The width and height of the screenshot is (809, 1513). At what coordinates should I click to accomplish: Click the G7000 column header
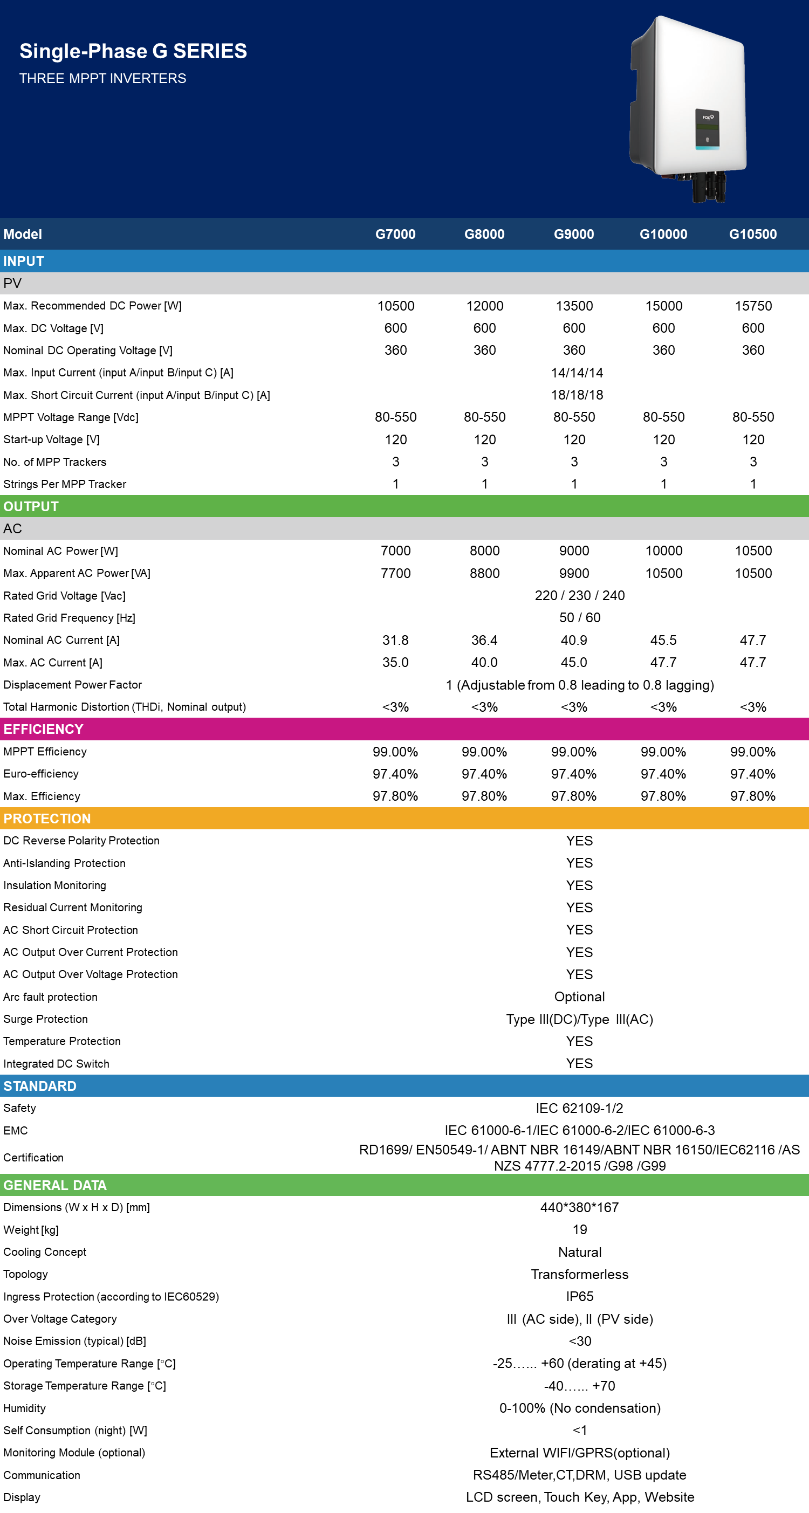pyautogui.click(x=395, y=235)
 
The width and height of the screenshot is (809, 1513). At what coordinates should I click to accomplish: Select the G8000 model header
pyautogui.click(x=484, y=235)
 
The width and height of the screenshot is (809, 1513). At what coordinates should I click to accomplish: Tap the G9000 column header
pyautogui.click(x=573, y=235)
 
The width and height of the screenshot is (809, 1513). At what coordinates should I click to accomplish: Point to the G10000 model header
pyautogui.click(x=663, y=235)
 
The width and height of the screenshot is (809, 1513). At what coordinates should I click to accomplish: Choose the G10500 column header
pyautogui.click(x=752, y=235)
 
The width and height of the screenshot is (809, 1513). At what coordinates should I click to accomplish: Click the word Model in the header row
pyautogui.click(x=22, y=235)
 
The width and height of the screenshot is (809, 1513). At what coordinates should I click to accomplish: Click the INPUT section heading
pyautogui.click(x=24, y=262)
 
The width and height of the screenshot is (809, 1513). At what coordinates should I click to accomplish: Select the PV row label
pyautogui.click(x=12, y=283)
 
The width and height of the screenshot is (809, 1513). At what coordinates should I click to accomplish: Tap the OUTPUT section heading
pyautogui.click(x=31, y=506)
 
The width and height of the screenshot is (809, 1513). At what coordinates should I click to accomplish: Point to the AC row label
pyautogui.click(x=12, y=528)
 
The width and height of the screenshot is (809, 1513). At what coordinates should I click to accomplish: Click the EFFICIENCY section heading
pyautogui.click(x=43, y=729)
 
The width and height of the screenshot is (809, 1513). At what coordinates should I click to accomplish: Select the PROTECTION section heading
pyautogui.click(x=47, y=819)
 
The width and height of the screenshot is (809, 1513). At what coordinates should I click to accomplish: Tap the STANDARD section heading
pyautogui.click(x=39, y=1086)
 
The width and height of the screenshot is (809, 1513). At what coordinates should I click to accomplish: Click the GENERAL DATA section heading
pyautogui.click(x=54, y=1185)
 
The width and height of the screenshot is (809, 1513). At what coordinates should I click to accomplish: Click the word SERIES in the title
pyautogui.click(x=210, y=52)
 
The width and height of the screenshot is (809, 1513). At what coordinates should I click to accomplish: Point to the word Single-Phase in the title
pyautogui.click(x=83, y=52)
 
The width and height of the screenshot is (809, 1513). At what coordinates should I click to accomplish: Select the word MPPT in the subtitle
pyautogui.click(x=87, y=79)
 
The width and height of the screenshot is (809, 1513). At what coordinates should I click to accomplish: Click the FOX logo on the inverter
pyautogui.click(x=708, y=118)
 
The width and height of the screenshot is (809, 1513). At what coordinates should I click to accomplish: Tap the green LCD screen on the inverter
pyautogui.click(x=708, y=127)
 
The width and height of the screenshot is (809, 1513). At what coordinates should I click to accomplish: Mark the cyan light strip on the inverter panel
pyautogui.click(x=708, y=148)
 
